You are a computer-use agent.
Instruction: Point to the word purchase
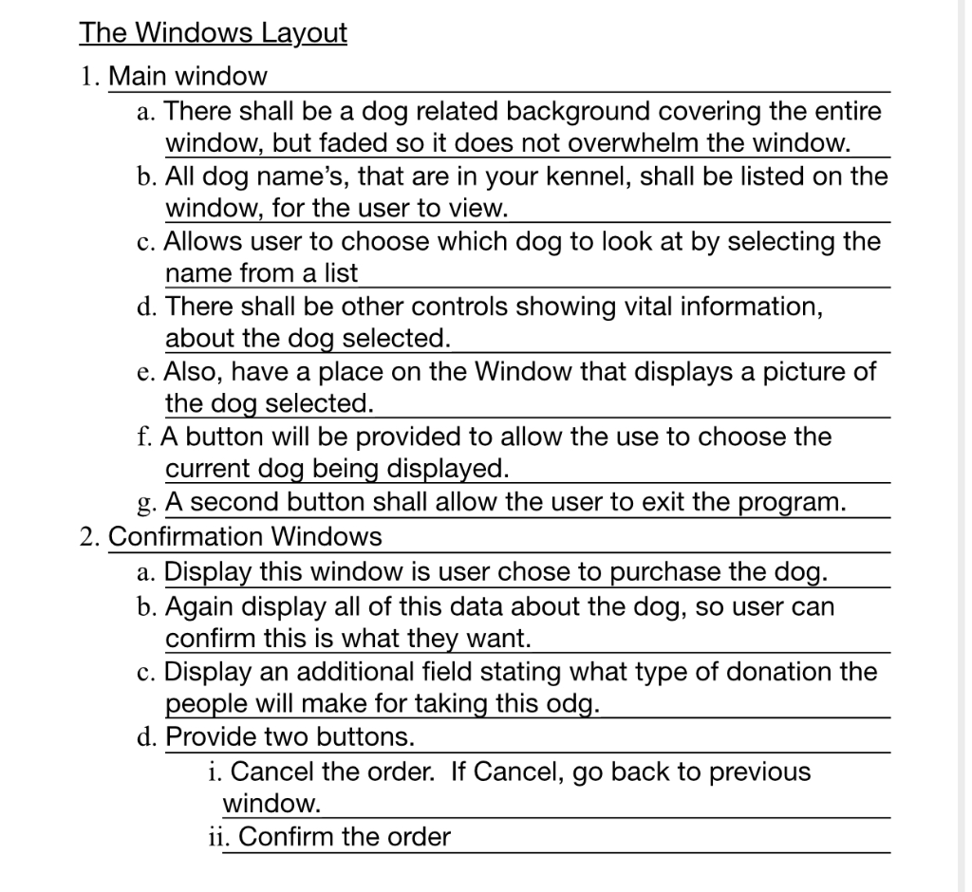[x=665, y=572]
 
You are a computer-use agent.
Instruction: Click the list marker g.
[x=146, y=504]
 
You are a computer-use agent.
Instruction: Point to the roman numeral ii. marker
[x=218, y=837]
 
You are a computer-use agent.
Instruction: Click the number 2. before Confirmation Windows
[x=90, y=537]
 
